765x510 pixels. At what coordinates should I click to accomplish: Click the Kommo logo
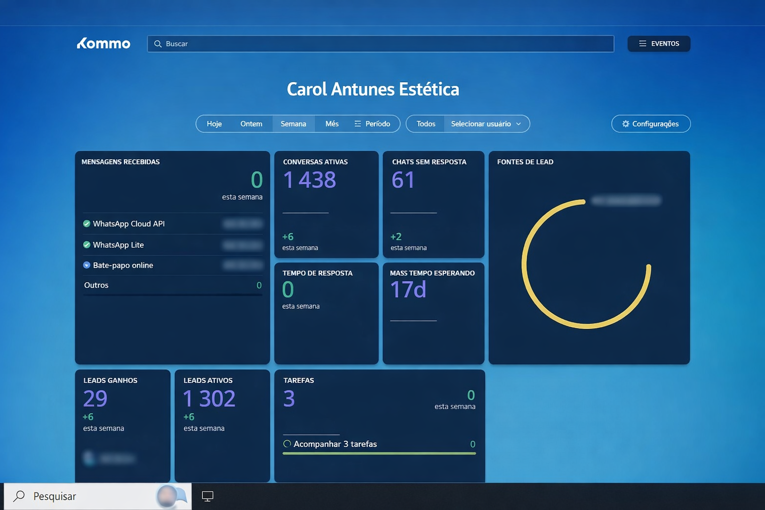click(x=104, y=44)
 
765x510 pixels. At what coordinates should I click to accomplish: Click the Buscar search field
click(x=381, y=44)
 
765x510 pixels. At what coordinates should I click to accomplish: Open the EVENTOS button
click(x=658, y=44)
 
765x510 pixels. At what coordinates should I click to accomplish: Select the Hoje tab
click(x=214, y=124)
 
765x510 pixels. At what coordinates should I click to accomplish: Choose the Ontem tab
click(x=251, y=124)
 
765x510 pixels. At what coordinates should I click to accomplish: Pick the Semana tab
click(x=293, y=124)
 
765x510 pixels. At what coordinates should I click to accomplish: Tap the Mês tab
click(x=332, y=124)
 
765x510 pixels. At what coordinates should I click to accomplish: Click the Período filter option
click(x=373, y=124)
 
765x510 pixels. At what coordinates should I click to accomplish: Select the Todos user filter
click(x=426, y=124)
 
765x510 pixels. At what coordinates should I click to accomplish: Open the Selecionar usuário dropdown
click(x=486, y=124)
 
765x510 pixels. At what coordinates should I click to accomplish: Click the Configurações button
click(x=650, y=124)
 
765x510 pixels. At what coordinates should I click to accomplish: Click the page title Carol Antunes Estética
click(x=373, y=89)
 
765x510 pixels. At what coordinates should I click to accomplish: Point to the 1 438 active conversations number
click(x=309, y=180)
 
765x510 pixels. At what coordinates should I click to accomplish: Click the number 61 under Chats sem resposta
click(x=403, y=180)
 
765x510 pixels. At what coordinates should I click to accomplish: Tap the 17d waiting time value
click(x=408, y=289)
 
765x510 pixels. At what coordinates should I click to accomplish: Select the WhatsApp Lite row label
click(x=118, y=245)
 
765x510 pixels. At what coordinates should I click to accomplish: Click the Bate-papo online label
click(x=123, y=265)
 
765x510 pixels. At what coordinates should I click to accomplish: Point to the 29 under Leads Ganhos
click(x=95, y=398)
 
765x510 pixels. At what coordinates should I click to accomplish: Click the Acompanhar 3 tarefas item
click(x=335, y=444)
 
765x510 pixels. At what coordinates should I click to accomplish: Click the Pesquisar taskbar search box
click(x=90, y=496)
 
